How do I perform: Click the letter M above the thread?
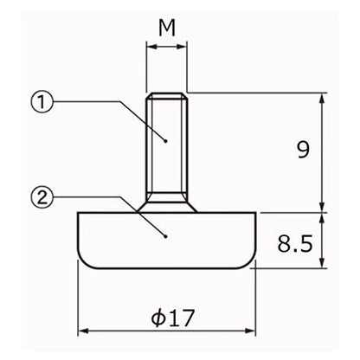pos(167,29)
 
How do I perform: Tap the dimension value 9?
pos(303,150)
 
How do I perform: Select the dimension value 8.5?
pos(295,243)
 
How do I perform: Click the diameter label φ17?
pos(173,318)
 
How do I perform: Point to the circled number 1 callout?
pos(42,102)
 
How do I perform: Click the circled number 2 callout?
pos(42,197)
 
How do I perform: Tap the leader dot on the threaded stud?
pos(165,141)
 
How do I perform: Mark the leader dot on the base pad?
pos(165,237)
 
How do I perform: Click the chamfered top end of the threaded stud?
pos(167,96)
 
